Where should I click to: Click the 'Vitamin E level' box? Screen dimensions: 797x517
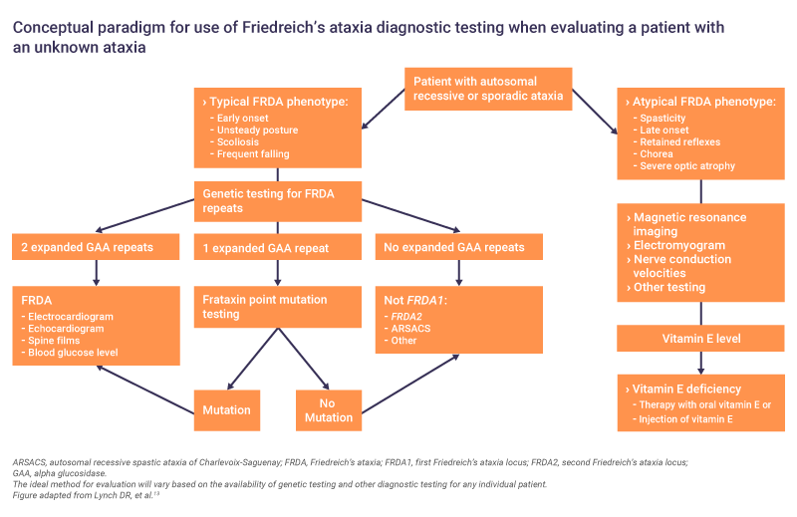700,339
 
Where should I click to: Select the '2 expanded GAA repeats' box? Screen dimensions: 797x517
96,247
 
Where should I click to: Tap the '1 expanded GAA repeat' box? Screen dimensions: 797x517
278,247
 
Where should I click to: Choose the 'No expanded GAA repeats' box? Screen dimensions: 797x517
459,247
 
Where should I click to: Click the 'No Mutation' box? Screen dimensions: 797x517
329,410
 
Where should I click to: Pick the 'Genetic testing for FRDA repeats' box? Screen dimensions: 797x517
278,201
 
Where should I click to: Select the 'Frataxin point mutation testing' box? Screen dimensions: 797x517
278,307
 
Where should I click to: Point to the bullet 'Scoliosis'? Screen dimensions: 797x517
234,142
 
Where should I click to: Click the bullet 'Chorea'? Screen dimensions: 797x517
654,154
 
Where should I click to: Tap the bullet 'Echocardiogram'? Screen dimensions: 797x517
63,329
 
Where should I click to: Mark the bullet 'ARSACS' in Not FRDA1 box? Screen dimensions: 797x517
407,329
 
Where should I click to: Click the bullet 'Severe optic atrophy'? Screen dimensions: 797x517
684,166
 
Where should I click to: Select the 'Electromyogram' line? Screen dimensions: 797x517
676,245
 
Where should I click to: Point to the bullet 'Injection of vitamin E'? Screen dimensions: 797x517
682,419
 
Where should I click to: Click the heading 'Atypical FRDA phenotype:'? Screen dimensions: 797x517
701,102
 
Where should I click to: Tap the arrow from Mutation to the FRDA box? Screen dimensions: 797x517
145,389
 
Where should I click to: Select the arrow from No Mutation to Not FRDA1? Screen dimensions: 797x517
410,384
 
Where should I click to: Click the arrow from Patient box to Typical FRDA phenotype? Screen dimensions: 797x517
384,109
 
